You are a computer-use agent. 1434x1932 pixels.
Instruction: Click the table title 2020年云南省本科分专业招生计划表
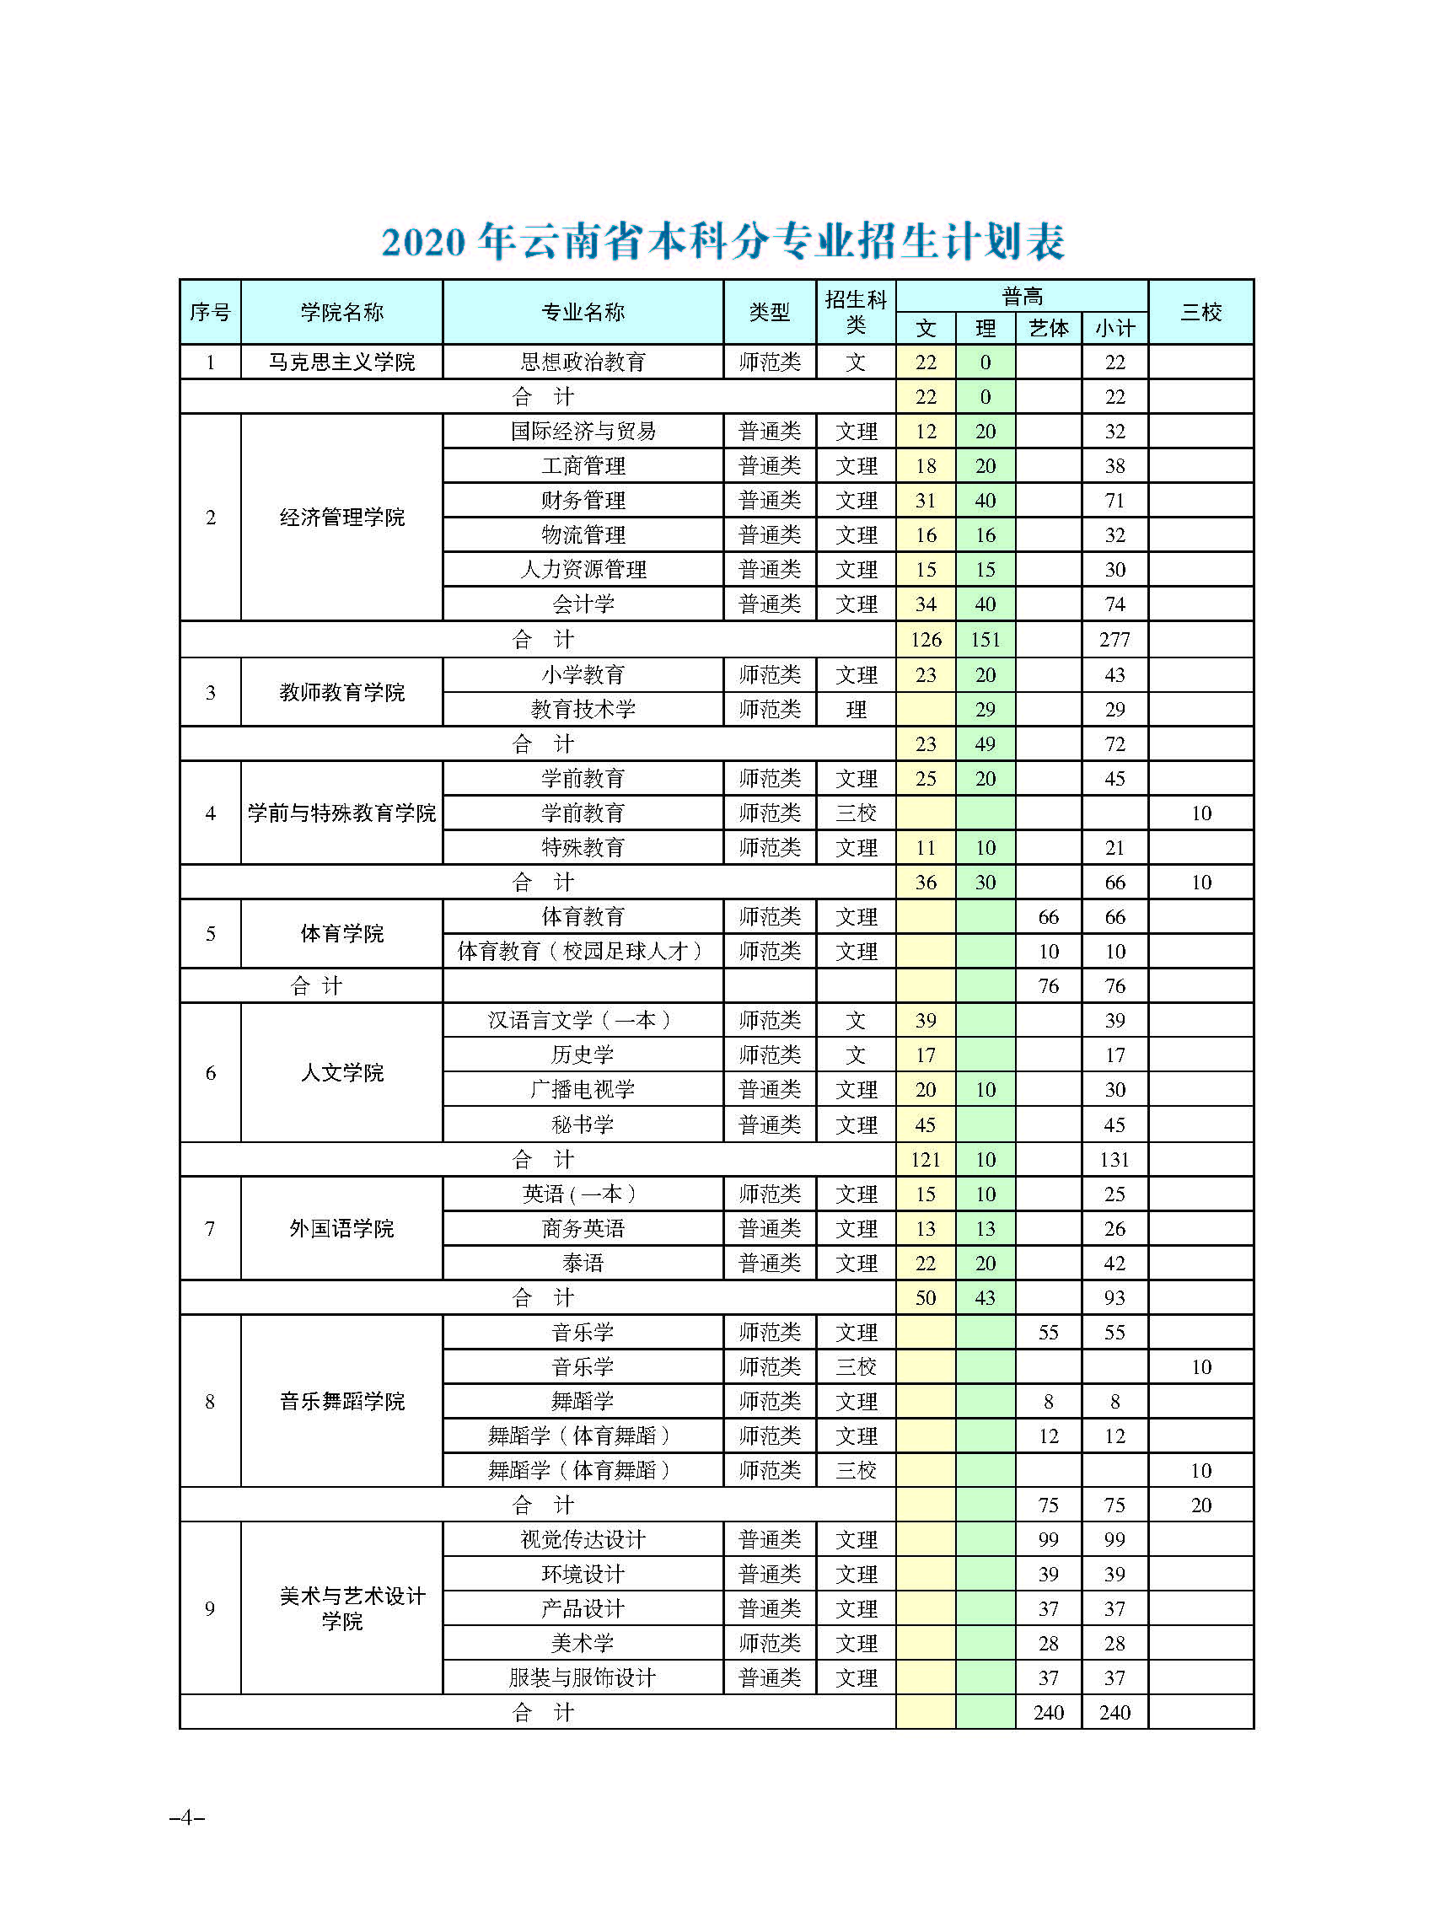(x=722, y=241)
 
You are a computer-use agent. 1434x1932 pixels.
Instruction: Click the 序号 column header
(x=210, y=312)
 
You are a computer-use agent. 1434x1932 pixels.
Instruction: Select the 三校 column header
(x=1200, y=312)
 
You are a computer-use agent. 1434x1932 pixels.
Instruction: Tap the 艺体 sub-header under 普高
(x=1048, y=328)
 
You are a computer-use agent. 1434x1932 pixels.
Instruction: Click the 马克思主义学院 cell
(x=341, y=362)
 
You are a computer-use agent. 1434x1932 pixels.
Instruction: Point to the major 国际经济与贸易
(x=583, y=432)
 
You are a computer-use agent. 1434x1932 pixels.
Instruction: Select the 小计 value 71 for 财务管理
(x=1114, y=501)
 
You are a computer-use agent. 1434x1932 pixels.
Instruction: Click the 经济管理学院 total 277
(x=1114, y=640)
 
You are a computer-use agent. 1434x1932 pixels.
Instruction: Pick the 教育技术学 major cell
(x=583, y=709)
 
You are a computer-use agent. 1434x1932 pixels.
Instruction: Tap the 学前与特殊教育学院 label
(x=341, y=813)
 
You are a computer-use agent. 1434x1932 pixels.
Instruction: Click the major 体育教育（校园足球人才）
(x=583, y=951)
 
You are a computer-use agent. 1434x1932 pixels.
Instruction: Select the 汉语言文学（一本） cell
(x=583, y=1021)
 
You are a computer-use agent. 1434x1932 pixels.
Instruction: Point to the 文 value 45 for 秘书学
(x=926, y=1124)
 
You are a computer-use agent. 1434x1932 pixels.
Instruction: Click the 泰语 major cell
(x=583, y=1263)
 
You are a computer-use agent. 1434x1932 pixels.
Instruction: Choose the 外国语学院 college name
(x=341, y=1228)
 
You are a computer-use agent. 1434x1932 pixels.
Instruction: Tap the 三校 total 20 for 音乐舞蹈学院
(x=1200, y=1505)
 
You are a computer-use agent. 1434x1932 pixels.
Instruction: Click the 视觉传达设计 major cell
(x=583, y=1540)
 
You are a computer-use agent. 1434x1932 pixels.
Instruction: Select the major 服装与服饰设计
(x=583, y=1677)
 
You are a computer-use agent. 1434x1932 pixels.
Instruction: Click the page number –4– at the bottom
(x=186, y=1817)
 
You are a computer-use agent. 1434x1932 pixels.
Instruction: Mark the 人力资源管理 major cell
(x=583, y=570)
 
